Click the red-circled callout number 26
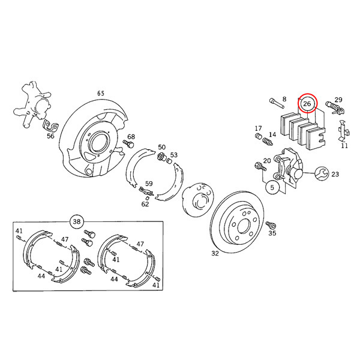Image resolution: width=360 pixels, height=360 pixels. point(307,104)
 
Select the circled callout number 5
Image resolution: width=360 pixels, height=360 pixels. point(272,188)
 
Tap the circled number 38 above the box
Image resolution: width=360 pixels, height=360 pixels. point(76,221)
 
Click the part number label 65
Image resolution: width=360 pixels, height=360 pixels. point(101,94)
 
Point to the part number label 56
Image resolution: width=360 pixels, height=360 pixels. point(50,136)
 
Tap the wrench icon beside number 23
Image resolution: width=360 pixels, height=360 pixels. point(320,174)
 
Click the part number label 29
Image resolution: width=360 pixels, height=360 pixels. point(338,100)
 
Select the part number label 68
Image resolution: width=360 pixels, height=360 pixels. point(131,137)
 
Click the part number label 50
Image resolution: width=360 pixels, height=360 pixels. point(161,147)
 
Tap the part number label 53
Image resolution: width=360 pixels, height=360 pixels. point(173,155)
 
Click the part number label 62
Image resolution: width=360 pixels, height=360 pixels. point(145,204)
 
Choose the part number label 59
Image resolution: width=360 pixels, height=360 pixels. point(149,184)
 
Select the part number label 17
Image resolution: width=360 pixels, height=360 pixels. point(259,128)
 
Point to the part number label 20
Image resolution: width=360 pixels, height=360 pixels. point(266,161)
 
